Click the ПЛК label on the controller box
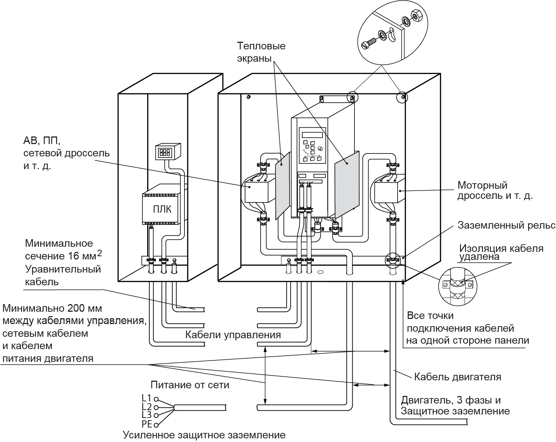tap(162, 210)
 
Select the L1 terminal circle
tap(156, 398)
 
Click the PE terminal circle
tap(156, 424)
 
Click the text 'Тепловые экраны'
tap(261, 52)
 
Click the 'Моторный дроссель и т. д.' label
tap(494, 191)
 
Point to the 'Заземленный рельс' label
tap(506, 225)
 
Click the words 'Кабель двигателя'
tap(457, 377)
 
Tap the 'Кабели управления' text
tap(233, 335)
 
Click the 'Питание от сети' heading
tap(190, 385)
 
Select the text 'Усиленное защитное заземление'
tap(204, 435)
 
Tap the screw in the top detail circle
tap(369, 43)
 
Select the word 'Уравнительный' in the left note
tap(63, 269)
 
